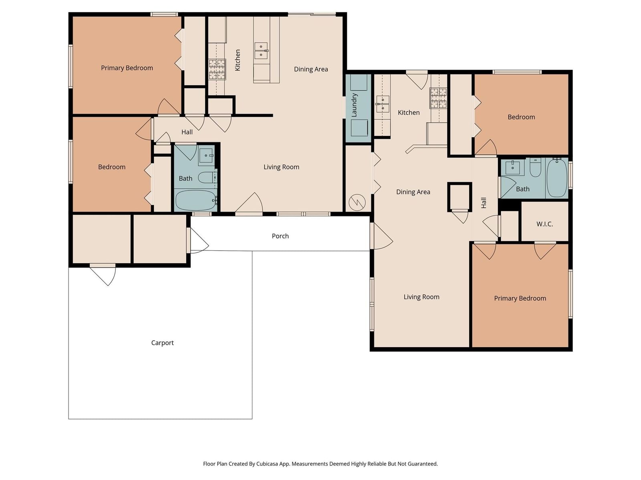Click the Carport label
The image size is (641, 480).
tap(162, 343)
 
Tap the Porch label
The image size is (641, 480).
tap(280, 236)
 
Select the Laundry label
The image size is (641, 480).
tap(354, 105)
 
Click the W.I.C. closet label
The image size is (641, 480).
tap(544, 224)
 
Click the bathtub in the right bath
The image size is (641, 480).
tap(556, 178)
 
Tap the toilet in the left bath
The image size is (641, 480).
tap(207, 177)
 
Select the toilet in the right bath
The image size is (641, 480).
tap(535, 168)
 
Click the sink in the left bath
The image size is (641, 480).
tap(207, 156)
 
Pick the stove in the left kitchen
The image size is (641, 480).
tap(217, 69)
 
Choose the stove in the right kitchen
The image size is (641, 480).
tap(438, 98)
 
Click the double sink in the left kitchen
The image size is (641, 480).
tap(261, 50)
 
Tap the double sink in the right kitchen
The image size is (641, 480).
tap(382, 104)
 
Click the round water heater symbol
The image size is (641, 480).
tap(357, 202)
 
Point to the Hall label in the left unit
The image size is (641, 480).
tap(187, 132)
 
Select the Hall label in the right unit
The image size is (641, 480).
tap(484, 203)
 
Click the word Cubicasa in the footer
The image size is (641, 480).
tap(267, 464)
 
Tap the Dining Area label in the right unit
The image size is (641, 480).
tap(413, 192)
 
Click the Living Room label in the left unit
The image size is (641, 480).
tap(281, 167)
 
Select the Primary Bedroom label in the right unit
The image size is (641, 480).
tap(520, 298)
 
